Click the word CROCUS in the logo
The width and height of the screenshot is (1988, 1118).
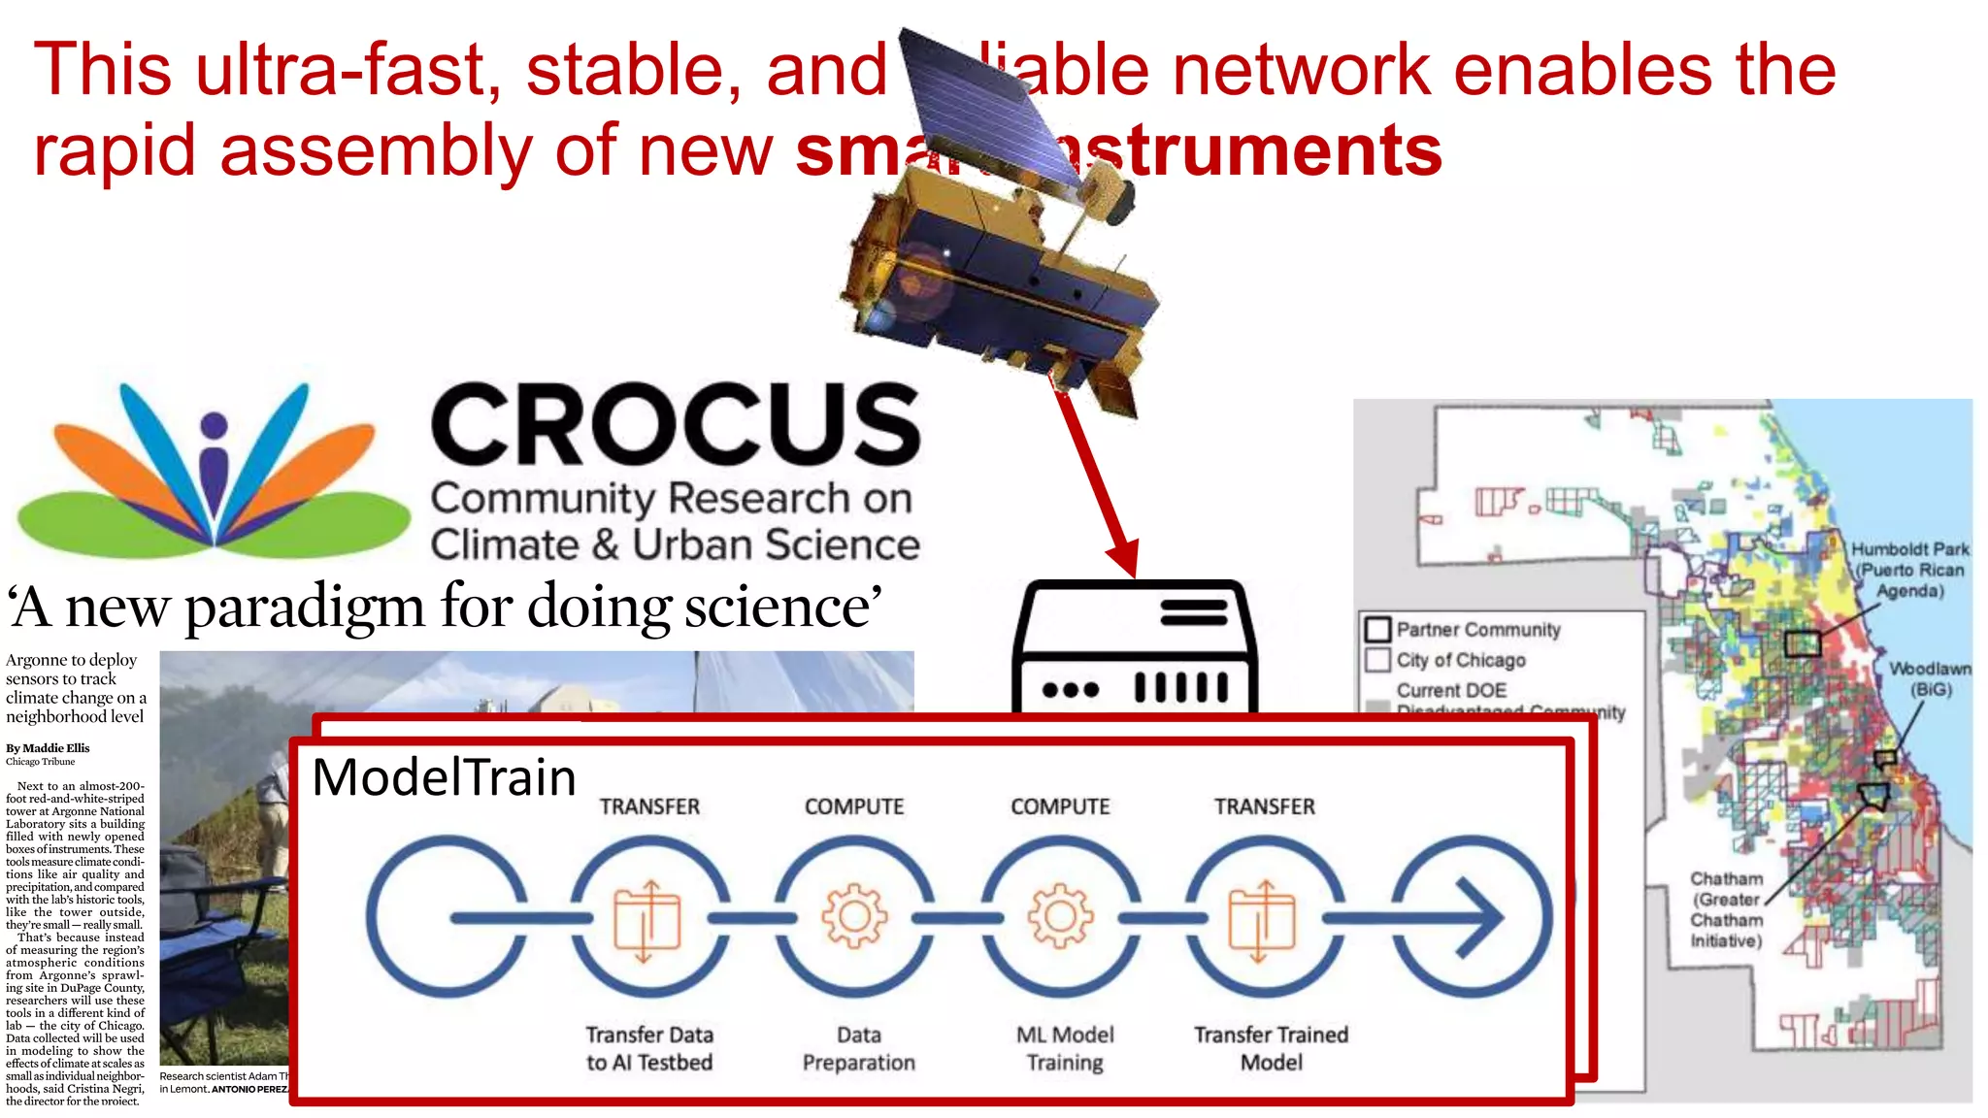pos(676,424)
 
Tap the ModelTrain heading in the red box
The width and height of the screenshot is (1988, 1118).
pos(444,777)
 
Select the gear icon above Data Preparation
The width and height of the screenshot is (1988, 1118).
pos(854,915)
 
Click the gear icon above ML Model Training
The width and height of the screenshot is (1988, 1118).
pos(1060,915)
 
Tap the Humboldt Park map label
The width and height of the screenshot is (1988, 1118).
pos(1909,570)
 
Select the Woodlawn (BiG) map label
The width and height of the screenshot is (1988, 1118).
pos(1930,678)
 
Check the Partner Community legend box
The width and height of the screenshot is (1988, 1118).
pos(1377,630)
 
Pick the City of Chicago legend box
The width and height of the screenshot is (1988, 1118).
pos(1377,660)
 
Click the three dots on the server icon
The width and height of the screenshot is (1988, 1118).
pos(1070,690)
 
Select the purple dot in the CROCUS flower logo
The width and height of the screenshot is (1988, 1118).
pos(214,425)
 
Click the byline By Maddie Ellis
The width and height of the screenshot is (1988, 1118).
pos(48,748)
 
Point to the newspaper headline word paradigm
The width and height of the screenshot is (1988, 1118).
pos(304,608)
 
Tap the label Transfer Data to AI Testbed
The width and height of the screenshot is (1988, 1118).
pos(649,1048)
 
